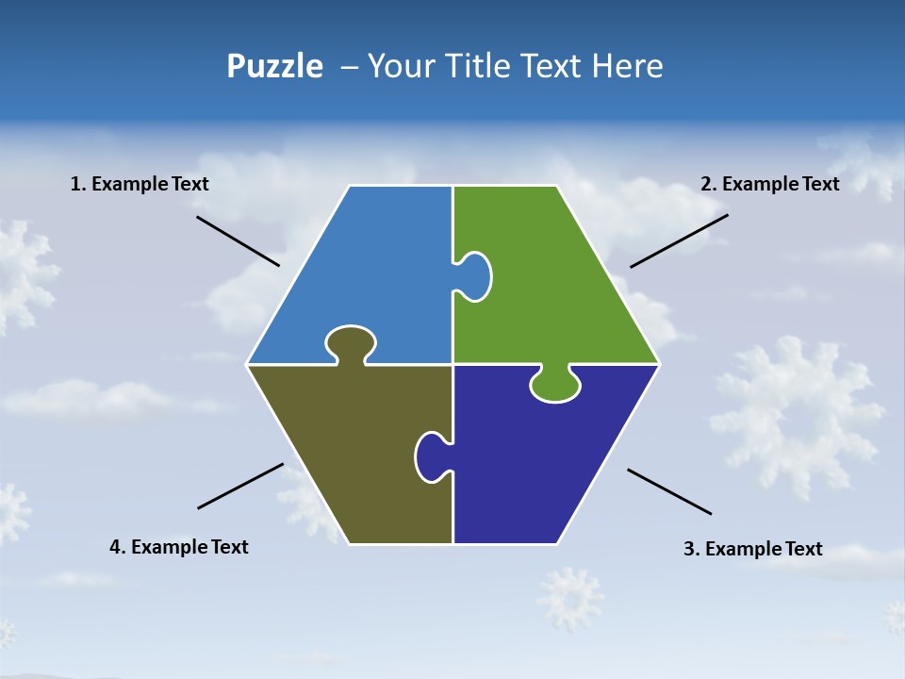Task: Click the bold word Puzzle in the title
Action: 274,67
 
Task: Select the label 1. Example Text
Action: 140,185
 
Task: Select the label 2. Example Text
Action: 769,185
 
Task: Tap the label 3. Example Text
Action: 752,549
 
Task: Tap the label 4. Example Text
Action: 179,547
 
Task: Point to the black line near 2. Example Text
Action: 679,240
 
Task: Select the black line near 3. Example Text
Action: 669,491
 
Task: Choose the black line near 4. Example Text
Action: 240,486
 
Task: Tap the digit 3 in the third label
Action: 689,549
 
